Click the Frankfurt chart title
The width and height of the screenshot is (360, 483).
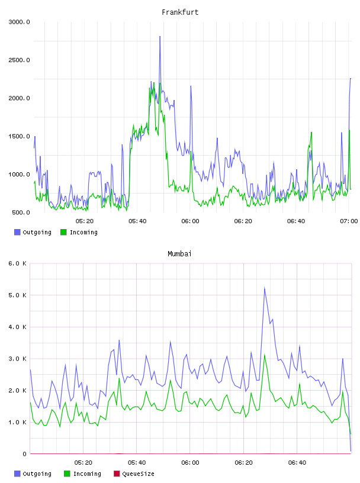pyautogui.click(x=180, y=12)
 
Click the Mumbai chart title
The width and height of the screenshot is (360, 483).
pyautogui.click(x=179, y=254)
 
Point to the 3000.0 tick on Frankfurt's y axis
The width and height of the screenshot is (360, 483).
pyautogui.click(x=19, y=22)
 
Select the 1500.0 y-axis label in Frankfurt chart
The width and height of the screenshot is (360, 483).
pyautogui.click(x=19, y=137)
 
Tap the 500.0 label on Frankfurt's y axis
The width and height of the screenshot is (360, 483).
pyautogui.click(x=21, y=212)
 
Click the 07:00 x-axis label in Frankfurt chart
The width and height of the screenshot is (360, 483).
pyautogui.click(x=349, y=221)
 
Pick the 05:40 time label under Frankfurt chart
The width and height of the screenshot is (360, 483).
pyautogui.click(x=137, y=221)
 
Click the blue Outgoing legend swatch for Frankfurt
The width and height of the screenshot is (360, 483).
pyautogui.click(x=17, y=232)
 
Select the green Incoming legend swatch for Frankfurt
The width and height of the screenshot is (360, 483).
pyautogui.click(x=63, y=232)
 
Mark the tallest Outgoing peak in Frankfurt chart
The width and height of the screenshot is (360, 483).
pyautogui.click(x=160, y=37)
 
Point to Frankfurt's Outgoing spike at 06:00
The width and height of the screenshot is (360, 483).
pyautogui.click(x=191, y=86)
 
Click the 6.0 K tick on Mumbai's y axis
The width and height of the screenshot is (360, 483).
pyautogui.click(x=17, y=263)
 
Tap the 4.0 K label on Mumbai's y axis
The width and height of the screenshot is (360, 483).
pyautogui.click(x=17, y=327)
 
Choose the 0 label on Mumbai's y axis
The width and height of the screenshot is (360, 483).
pyautogui.click(x=25, y=454)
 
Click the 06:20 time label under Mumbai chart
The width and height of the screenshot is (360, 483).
pyautogui.click(x=243, y=463)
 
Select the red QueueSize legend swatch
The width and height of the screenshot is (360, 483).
pyautogui.click(x=117, y=474)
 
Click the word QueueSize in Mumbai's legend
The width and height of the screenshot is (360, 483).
pyautogui.click(x=139, y=474)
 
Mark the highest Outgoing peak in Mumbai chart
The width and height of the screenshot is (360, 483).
pyautogui.click(x=265, y=288)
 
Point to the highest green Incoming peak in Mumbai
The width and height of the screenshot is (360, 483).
pyautogui.click(x=265, y=355)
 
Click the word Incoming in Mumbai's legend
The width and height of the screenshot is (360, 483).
pyautogui.click(x=87, y=474)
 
